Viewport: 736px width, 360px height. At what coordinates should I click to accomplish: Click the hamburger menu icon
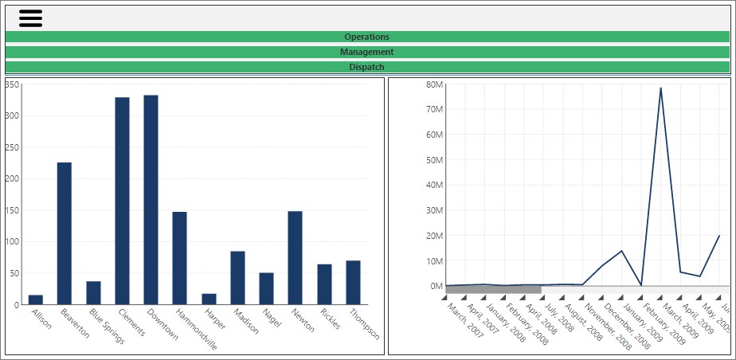click(30, 18)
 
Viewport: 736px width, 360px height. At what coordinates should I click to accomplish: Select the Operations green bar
click(366, 37)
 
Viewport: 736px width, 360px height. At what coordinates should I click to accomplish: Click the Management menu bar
click(366, 52)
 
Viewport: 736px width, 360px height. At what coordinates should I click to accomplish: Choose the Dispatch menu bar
click(366, 67)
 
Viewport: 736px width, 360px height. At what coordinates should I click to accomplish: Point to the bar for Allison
click(36, 299)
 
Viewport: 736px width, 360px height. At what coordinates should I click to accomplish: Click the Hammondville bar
click(179, 258)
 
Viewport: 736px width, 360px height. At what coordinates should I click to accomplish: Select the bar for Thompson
click(353, 282)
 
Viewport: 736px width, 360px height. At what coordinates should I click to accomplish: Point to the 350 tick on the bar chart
click(13, 84)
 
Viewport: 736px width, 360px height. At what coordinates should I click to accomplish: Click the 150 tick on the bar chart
click(13, 210)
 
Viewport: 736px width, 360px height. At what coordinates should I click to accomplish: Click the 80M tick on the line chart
click(434, 84)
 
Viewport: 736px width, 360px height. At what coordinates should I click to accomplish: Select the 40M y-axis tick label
click(434, 185)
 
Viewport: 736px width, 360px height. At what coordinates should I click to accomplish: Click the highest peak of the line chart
click(660, 88)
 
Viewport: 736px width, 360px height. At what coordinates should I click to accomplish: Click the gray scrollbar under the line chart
click(493, 290)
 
